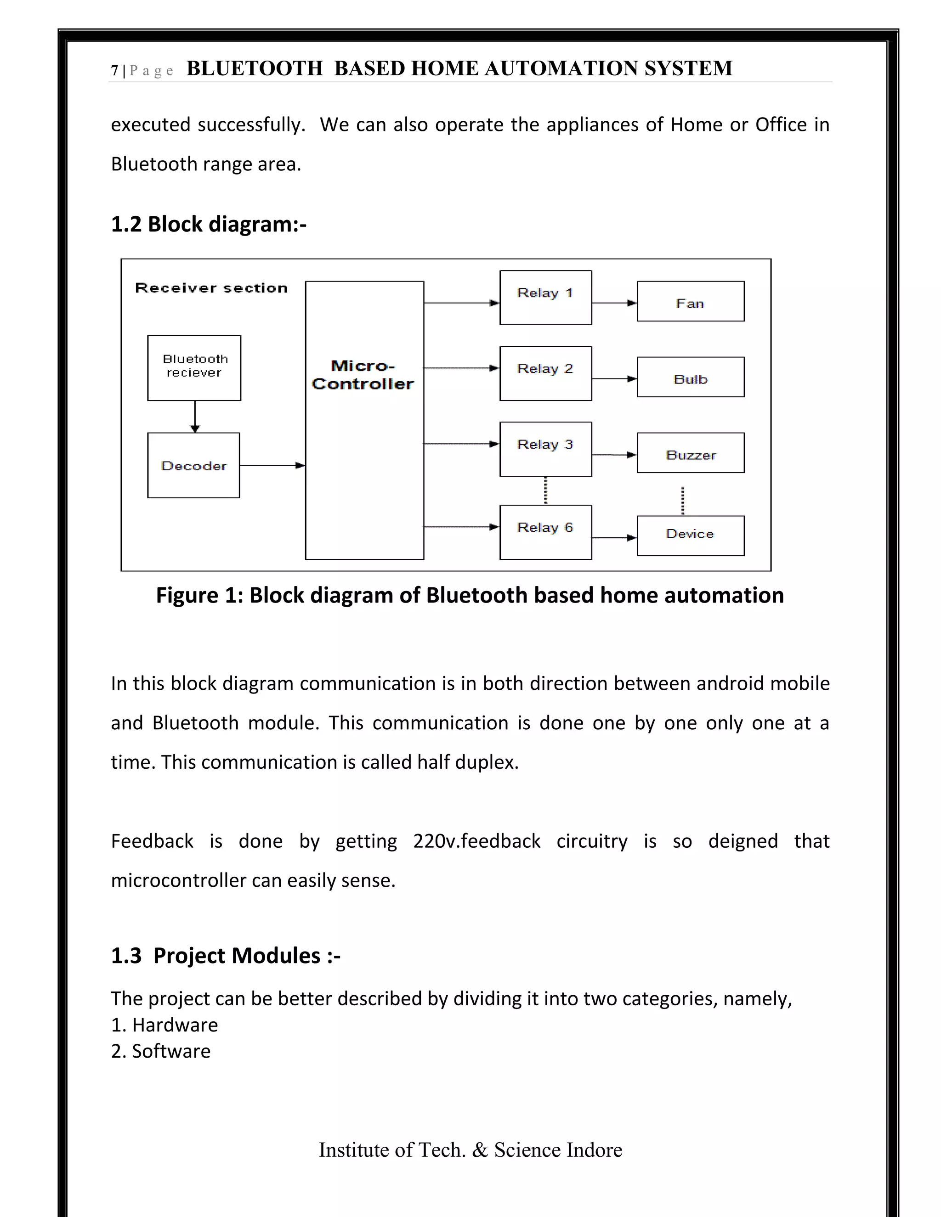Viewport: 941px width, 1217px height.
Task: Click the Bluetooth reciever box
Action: pos(194,368)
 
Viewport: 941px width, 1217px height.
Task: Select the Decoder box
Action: pos(193,465)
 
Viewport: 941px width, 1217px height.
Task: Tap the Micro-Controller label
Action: pos(363,375)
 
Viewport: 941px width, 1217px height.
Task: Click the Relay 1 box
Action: pos(545,298)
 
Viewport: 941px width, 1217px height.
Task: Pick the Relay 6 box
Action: pos(545,532)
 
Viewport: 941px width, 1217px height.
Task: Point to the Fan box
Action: pos(690,301)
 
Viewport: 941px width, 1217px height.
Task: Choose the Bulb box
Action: pos(690,377)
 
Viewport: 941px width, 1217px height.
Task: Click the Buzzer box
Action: pos(690,453)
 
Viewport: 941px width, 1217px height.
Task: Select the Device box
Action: pos(690,535)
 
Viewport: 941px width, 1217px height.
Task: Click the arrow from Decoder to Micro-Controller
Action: pos(272,465)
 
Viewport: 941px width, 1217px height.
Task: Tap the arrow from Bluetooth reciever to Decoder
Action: pos(194,416)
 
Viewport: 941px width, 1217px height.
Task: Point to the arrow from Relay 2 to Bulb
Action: pos(614,379)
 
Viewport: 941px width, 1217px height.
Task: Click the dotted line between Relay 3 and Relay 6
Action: pos(545,490)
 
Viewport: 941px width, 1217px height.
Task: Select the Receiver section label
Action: pos(211,288)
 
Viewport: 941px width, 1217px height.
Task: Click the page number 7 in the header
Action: pos(114,71)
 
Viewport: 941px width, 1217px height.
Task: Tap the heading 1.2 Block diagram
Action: pos(209,224)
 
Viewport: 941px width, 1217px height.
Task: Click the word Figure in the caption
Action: pos(187,596)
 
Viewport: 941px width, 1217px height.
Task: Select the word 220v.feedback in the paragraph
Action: pos(476,841)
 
